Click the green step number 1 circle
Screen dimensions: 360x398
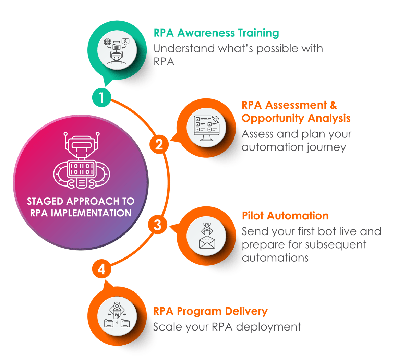point(101,97)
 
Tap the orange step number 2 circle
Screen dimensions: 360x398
point(159,145)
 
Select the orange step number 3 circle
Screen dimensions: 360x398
point(157,225)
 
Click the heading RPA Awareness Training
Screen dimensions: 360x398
point(216,33)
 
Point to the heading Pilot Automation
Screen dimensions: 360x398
point(285,216)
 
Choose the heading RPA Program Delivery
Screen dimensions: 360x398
point(210,311)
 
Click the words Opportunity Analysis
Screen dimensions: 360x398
point(296,118)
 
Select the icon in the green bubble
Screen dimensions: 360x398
point(117,51)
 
